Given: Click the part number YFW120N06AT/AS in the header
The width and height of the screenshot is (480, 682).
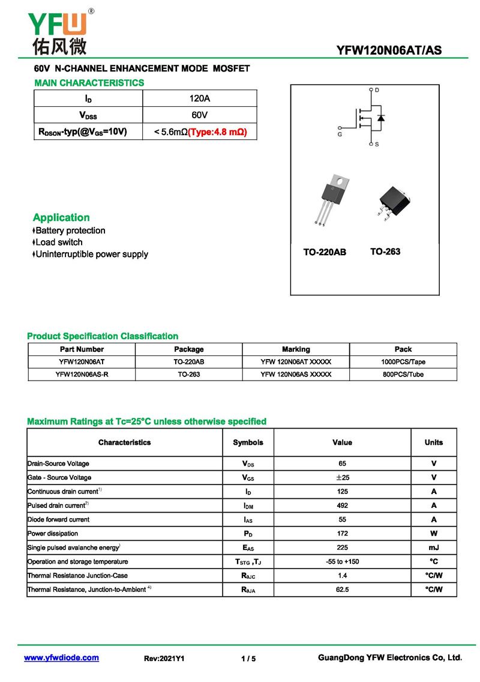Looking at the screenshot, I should [389, 50].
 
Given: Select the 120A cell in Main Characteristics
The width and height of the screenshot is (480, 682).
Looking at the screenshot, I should [199, 98].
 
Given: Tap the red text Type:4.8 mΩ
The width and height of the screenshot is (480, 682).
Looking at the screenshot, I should [217, 131].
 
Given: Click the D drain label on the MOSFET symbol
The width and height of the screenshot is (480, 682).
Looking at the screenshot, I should [377, 90].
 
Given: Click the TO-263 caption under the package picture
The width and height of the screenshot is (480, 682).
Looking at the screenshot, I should [385, 252].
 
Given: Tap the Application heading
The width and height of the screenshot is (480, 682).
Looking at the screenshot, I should [61, 217].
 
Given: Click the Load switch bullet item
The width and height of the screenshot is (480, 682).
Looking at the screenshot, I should [59, 242].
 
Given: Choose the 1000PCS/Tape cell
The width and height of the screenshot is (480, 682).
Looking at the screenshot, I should [403, 362].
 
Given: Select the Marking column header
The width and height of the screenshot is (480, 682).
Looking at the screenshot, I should [296, 349].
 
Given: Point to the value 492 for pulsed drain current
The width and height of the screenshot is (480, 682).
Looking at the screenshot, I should [342, 505].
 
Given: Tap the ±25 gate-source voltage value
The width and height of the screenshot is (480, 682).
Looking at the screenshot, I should [342, 477].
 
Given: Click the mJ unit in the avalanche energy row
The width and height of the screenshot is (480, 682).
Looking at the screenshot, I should [433, 548].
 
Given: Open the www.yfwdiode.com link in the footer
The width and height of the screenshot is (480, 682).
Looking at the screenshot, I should [61, 658].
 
